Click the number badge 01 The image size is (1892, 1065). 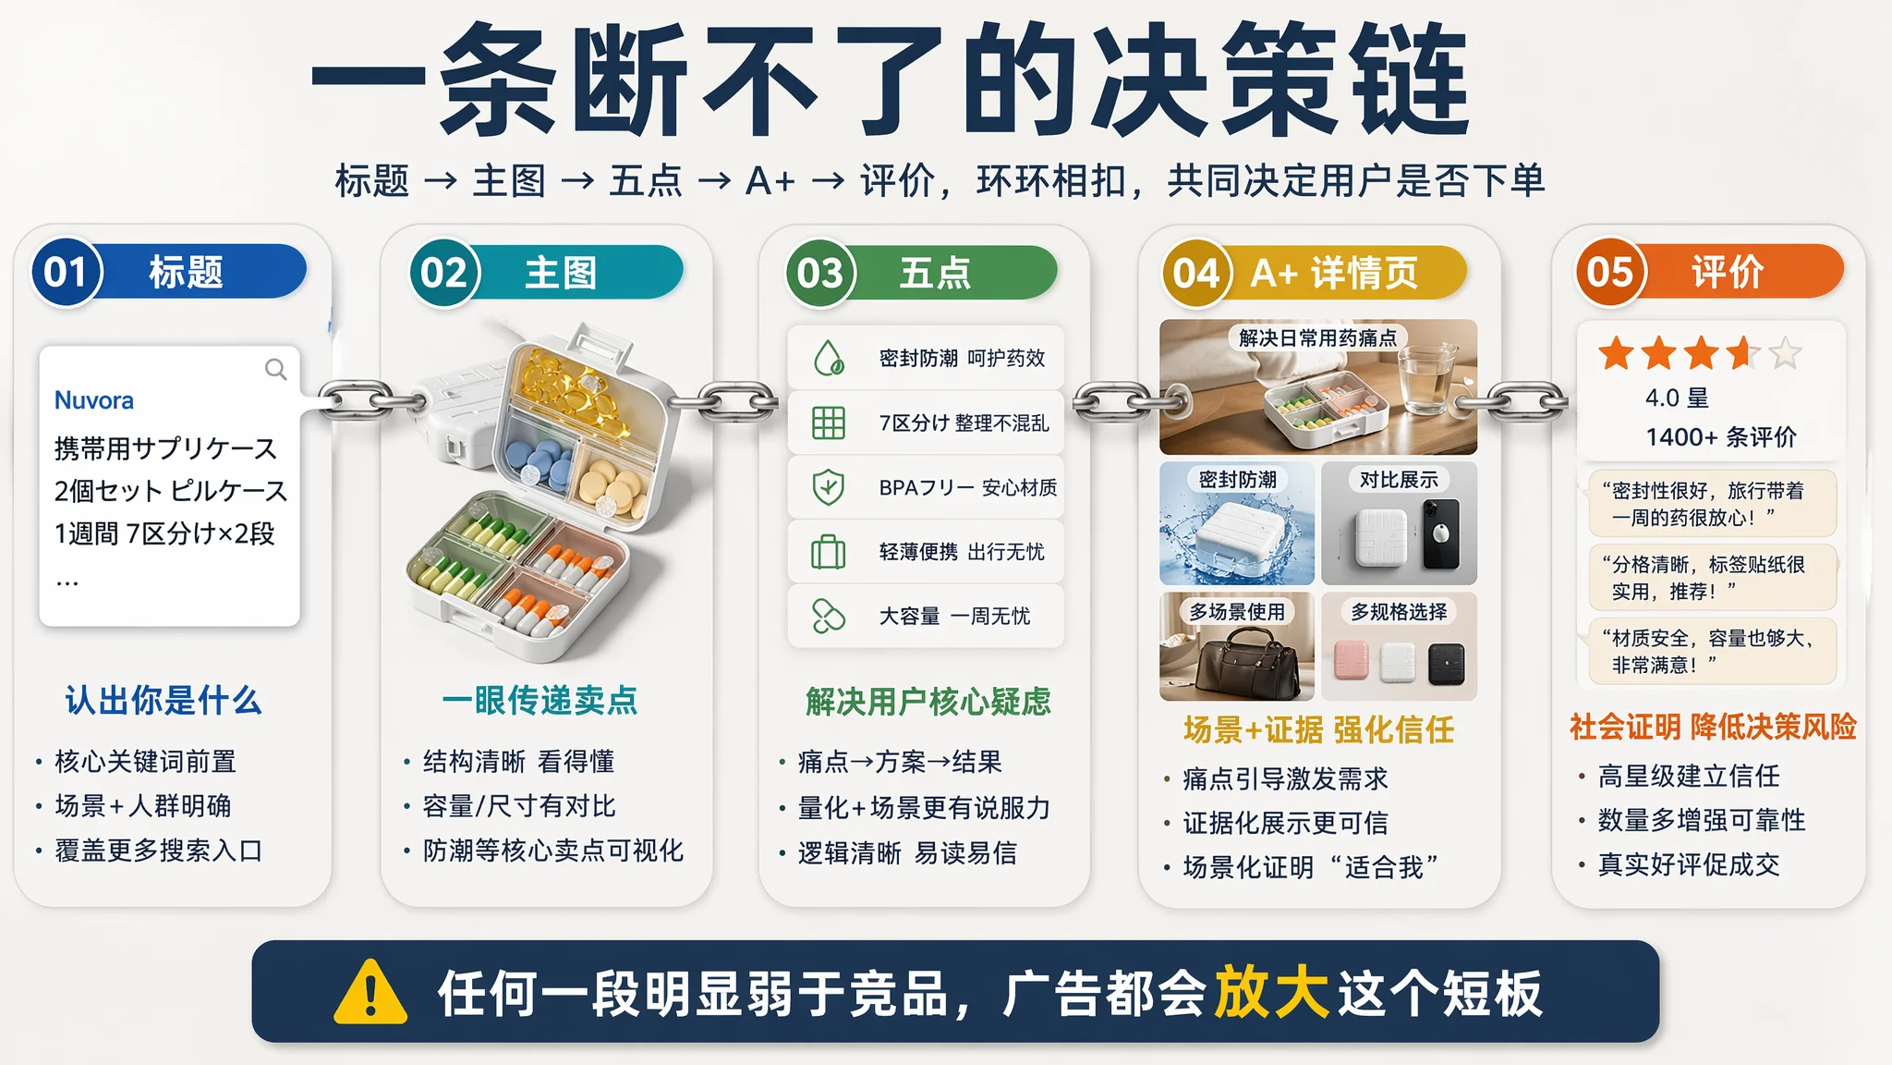point(66,272)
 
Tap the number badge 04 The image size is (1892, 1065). point(1197,273)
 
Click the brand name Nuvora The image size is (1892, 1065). point(94,400)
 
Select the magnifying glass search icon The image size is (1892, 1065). point(275,370)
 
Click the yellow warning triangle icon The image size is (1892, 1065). point(370,993)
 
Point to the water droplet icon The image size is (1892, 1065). point(829,358)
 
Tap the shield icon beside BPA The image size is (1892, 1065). point(829,487)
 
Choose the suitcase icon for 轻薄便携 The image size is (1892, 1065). point(829,552)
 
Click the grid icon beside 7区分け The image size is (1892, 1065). point(829,422)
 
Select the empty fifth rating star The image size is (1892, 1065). point(1785,352)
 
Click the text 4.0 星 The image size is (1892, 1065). point(1678,398)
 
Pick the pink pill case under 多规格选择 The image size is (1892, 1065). point(1351,662)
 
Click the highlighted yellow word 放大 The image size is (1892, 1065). point(1271,993)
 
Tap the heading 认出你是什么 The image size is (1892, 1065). point(164,700)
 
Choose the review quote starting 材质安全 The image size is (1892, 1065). point(1713,651)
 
